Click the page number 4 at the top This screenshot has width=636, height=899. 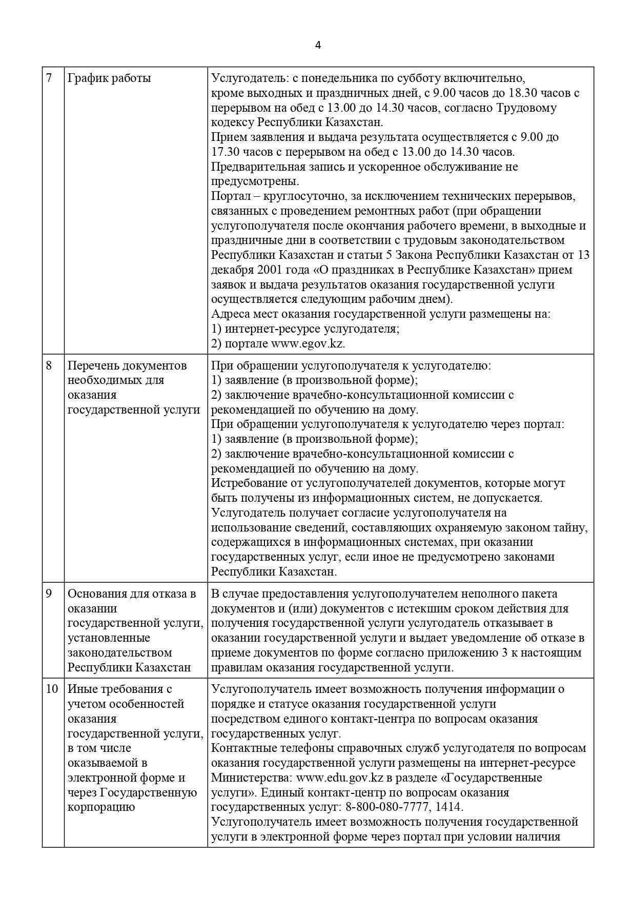pos(318,45)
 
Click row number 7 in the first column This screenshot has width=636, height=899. pos(49,78)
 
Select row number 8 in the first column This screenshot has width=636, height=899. pos(49,365)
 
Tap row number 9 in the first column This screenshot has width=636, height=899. pos(49,594)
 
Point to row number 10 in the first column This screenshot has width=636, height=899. pos(52,689)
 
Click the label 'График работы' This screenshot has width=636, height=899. pos(109,78)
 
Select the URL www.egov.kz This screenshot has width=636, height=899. pos(307,343)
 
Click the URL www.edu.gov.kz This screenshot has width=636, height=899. pos(340,778)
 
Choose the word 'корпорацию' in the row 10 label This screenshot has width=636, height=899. pos(101,807)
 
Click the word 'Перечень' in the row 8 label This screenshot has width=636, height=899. pos(93,365)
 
